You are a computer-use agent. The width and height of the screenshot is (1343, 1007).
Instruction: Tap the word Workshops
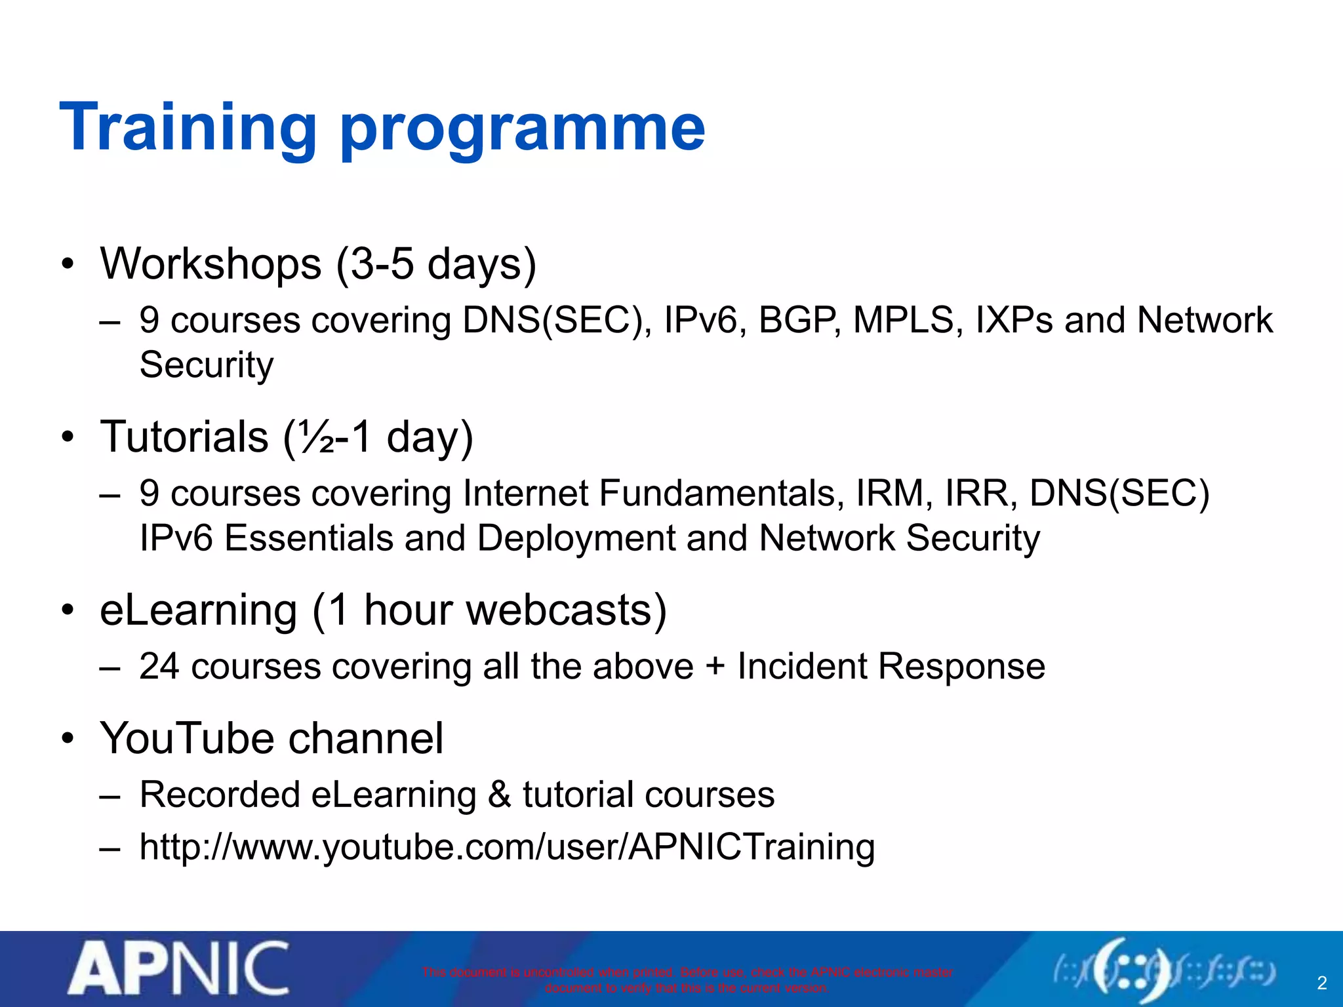click(x=210, y=264)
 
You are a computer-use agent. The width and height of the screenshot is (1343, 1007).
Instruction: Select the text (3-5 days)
click(x=436, y=266)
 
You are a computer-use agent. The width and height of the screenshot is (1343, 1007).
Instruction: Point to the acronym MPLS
click(x=903, y=321)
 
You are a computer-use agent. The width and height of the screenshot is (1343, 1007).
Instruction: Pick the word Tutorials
click(x=184, y=437)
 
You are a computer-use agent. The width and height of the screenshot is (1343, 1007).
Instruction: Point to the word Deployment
click(x=576, y=539)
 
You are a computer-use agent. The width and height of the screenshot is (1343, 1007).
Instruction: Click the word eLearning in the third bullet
click(x=199, y=610)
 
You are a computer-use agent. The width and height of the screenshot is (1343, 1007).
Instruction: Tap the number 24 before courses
click(x=159, y=667)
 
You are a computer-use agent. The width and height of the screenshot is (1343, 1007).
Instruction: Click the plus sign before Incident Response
click(x=715, y=667)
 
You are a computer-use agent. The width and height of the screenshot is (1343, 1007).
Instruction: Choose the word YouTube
click(x=186, y=739)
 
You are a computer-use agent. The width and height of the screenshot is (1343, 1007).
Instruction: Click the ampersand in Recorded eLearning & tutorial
click(x=499, y=795)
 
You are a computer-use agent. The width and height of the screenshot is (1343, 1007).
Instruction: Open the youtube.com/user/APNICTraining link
click(x=507, y=848)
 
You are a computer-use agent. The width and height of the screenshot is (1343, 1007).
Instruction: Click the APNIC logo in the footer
click(x=178, y=968)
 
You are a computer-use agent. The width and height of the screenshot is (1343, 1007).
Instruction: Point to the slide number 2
click(x=1322, y=983)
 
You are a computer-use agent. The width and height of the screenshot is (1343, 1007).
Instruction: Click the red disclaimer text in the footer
click(x=687, y=979)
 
